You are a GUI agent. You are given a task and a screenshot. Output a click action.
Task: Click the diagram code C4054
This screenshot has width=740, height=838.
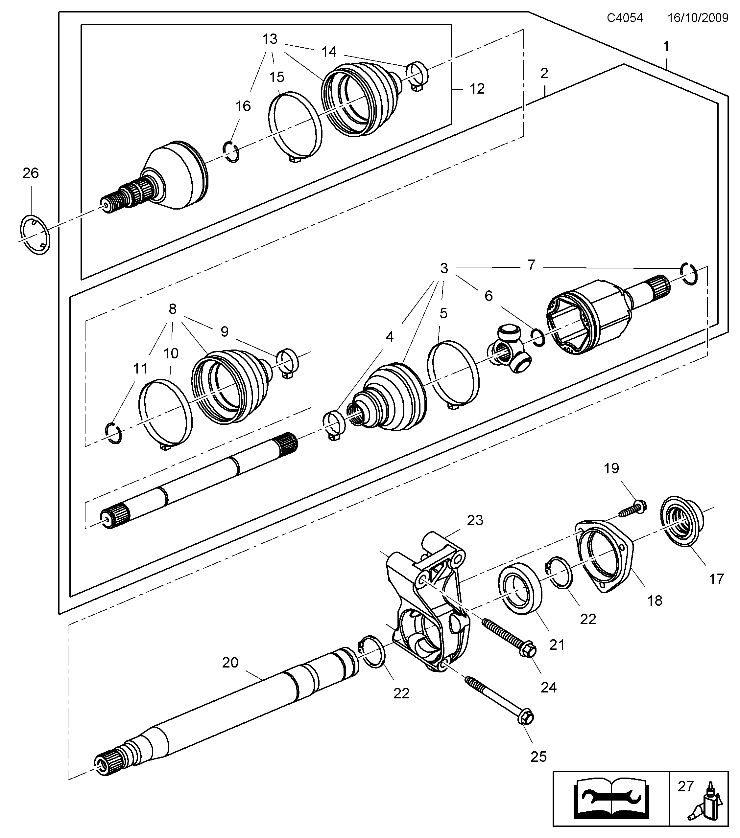624,18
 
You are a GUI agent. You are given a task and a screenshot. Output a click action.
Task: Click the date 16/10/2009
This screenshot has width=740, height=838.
698,18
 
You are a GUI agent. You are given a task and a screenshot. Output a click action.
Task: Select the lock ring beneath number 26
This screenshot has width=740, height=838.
35,235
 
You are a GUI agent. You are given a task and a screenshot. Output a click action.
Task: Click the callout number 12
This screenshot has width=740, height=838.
477,89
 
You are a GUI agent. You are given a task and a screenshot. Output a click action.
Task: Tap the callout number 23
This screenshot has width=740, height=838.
475,520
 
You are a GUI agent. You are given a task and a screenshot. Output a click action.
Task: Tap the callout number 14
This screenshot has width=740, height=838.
328,52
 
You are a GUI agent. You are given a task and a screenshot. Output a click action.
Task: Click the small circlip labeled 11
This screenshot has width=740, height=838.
113,433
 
